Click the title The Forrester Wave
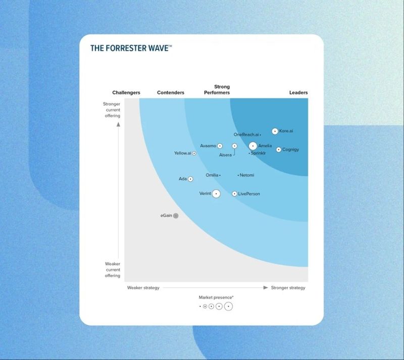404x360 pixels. point(131,48)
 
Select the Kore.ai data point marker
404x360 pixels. point(275,131)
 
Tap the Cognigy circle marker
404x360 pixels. point(279,149)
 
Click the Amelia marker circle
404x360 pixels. point(252,146)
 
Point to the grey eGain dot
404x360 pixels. point(176,216)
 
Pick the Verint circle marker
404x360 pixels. point(216,193)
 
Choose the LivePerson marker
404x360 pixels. point(234,194)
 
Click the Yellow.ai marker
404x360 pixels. point(194,153)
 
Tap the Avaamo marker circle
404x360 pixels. point(220,146)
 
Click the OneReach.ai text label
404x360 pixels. point(246,135)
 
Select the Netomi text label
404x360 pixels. point(247,175)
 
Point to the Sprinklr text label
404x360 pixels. point(258,153)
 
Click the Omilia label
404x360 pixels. point(212,175)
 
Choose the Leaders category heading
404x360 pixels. point(298,93)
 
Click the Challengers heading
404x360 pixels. point(126,93)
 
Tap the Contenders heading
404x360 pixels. point(171,93)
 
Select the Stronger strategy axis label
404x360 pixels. point(288,288)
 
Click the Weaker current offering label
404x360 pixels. point(113,270)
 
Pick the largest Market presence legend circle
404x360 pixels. point(228,306)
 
